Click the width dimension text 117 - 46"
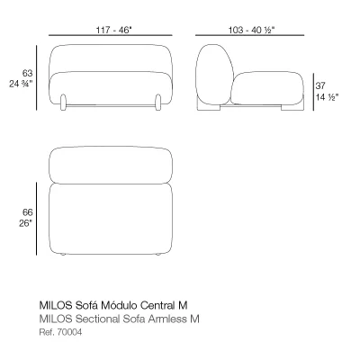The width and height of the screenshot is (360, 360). (x=113, y=30)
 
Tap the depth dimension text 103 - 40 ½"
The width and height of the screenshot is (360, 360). (x=252, y=30)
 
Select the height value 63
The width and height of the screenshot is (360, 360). (x=27, y=73)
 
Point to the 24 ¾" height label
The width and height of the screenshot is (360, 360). (x=21, y=84)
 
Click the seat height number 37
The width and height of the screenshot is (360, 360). (x=320, y=85)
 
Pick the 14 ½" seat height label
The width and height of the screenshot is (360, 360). (x=327, y=97)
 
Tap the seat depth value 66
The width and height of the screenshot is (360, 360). (x=27, y=212)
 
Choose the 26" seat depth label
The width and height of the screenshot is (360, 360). (x=25, y=223)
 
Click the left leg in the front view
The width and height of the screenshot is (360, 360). (x=63, y=103)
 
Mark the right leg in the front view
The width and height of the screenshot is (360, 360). (x=158, y=103)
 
